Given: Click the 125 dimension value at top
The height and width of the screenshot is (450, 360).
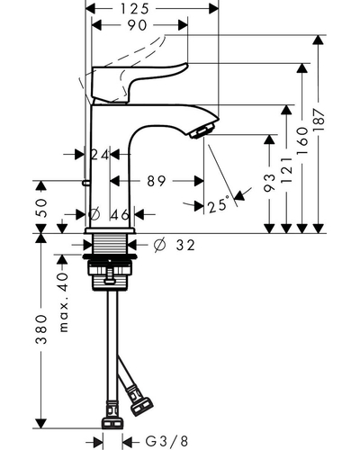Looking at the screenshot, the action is (135, 9).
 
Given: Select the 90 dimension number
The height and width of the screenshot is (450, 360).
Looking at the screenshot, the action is (138, 25).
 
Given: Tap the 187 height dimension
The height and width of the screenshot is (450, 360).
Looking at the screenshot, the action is (319, 120).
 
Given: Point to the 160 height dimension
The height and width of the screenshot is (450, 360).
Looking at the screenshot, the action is (302, 140).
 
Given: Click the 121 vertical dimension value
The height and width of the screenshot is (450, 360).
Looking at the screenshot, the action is (287, 170).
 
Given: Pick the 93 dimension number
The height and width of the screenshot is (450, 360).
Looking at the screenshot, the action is (270, 182).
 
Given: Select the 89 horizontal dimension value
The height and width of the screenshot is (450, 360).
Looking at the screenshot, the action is (157, 181).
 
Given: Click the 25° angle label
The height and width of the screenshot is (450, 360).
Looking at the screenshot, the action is (219, 205).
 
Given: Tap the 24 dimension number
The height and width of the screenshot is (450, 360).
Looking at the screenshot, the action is (100, 155).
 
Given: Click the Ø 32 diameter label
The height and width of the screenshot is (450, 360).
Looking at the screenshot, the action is (175, 245).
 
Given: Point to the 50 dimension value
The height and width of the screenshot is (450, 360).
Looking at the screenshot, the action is (41, 208).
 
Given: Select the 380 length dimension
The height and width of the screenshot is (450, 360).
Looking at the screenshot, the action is (41, 329).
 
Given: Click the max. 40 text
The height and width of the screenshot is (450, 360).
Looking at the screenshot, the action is (64, 302).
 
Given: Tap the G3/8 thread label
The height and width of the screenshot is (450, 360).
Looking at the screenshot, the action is (167, 441).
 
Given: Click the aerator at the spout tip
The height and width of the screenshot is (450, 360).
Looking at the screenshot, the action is (201, 130).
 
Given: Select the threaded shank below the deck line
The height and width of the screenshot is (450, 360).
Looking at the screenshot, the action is (110, 244).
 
